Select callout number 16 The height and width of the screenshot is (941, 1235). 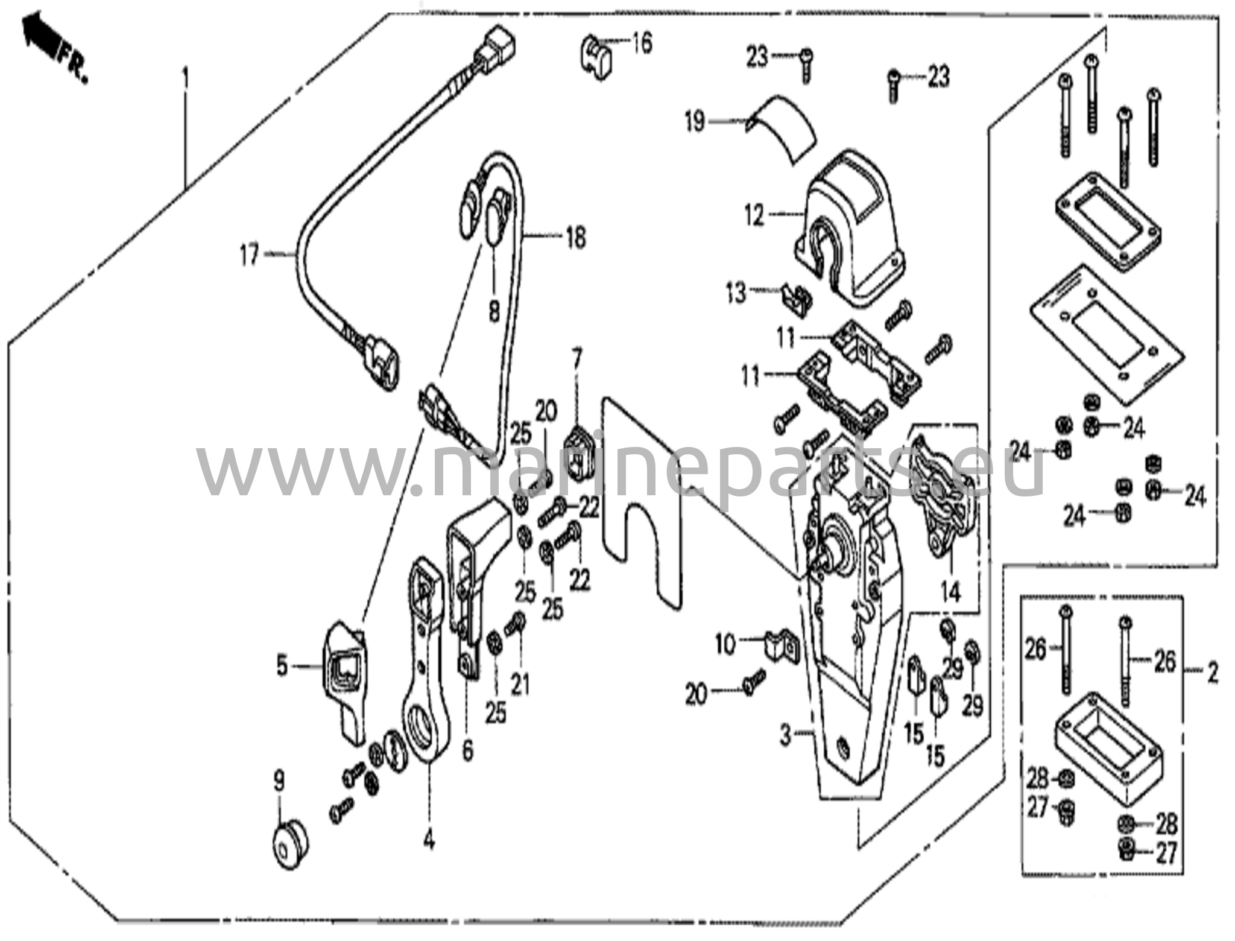642,43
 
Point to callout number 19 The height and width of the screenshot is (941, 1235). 695,122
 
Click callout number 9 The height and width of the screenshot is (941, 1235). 279,782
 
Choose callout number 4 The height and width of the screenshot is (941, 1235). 428,840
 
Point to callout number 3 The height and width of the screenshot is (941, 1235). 785,735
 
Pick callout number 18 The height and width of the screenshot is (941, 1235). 576,238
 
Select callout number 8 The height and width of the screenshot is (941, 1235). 494,312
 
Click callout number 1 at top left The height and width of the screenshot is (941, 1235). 185,78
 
